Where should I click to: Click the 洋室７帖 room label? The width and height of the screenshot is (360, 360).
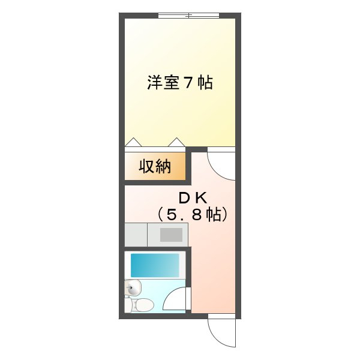[x=180, y=82]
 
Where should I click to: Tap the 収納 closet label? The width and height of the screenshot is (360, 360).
[x=155, y=166]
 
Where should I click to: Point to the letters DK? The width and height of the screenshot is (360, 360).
[x=193, y=199]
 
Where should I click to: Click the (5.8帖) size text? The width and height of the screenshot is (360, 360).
[x=193, y=214]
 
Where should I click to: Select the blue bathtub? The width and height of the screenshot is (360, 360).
[x=155, y=265]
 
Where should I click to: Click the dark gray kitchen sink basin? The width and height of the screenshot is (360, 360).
[x=171, y=235]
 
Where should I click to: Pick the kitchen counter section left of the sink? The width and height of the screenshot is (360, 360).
[x=136, y=235]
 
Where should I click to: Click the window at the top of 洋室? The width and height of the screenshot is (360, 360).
[x=189, y=16]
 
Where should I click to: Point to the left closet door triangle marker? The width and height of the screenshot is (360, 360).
[x=133, y=142]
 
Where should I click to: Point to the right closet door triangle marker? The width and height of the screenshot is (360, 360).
[x=176, y=142]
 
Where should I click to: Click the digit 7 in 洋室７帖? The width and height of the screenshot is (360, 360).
[x=188, y=83]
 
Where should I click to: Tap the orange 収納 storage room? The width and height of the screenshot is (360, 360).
[x=155, y=166]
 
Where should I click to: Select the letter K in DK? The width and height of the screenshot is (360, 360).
[x=201, y=199]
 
